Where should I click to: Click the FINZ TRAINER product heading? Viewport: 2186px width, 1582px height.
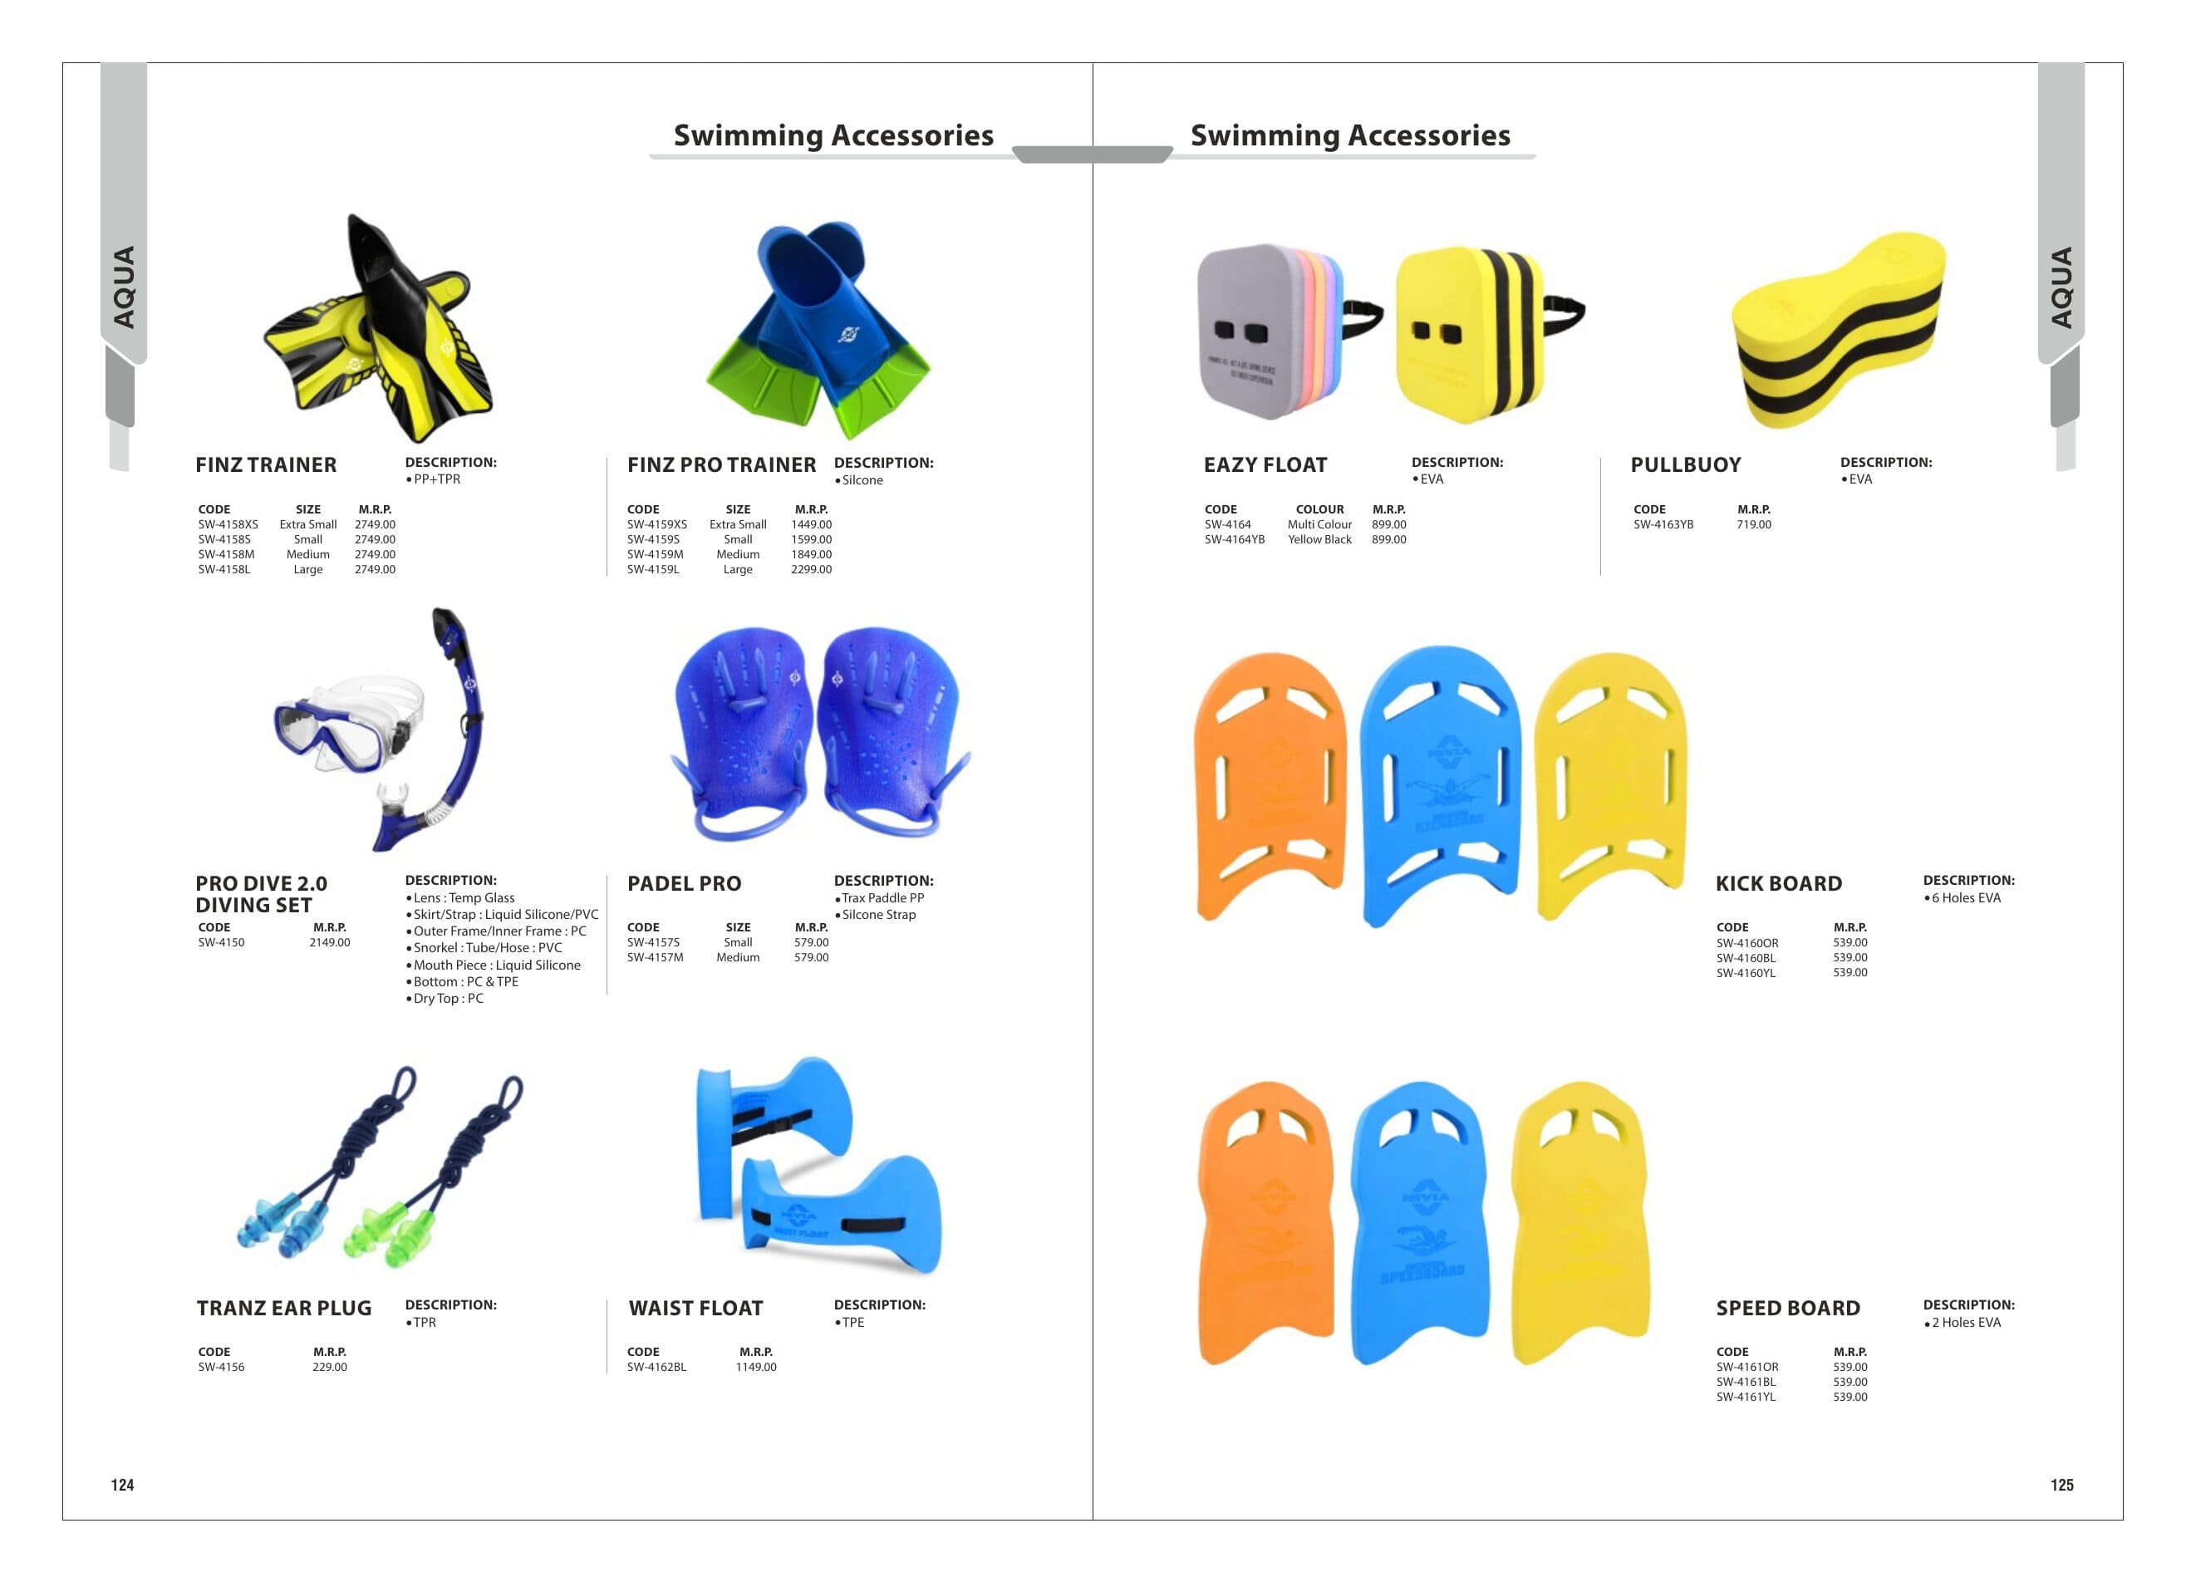(x=266, y=464)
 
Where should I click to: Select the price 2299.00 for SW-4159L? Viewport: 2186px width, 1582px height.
(x=812, y=570)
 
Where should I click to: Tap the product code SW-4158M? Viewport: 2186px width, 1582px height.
(x=227, y=554)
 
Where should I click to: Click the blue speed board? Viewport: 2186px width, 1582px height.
(x=1419, y=1222)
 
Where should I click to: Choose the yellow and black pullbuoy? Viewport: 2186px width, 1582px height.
(x=1837, y=331)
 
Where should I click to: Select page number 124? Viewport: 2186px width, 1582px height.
(x=122, y=1485)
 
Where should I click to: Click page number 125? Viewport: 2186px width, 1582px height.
(x=2061, y=1485)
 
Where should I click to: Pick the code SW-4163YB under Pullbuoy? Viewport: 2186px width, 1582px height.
(x=1663, y=524)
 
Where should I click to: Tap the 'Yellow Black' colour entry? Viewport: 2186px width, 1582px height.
(x=1319, y=540)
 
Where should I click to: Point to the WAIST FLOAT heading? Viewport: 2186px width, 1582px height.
(x=696, y=1308)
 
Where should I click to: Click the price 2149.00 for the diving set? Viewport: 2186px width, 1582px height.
(x=330, y=942)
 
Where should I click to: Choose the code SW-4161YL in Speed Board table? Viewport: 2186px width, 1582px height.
(x=1746, y=1397)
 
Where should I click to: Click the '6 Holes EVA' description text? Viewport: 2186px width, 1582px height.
(x=1967, y=897)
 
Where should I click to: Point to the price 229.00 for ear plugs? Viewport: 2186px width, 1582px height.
(x=330, y=1367)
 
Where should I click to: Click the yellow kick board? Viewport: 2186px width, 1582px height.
(x=1609, y=787)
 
